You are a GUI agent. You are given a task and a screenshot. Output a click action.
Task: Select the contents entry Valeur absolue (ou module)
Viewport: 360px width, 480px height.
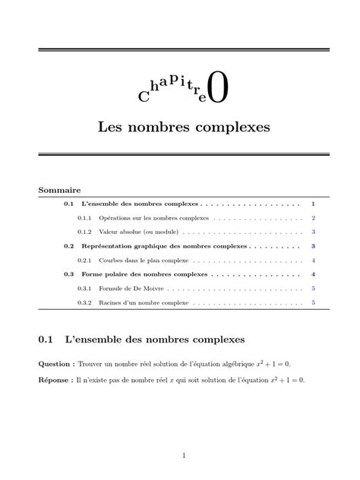[x=131, y=232]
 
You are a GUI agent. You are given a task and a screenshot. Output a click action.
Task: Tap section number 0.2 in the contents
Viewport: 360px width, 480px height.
[x=69, y=246]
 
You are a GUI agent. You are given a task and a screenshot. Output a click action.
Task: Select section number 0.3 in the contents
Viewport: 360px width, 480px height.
[x=69, y=274]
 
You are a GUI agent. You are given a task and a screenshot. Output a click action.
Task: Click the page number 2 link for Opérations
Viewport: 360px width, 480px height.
[x=313, y=218]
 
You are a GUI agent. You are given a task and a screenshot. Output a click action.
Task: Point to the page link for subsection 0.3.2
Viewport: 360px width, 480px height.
[x=313, y=302]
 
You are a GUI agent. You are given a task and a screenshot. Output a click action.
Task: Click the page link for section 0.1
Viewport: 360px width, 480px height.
[x=313, y=204]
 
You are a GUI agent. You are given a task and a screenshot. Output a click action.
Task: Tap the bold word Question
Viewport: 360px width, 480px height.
[x=55, y=365]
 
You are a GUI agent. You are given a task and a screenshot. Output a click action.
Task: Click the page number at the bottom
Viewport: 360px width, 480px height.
[x=184, y=456]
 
